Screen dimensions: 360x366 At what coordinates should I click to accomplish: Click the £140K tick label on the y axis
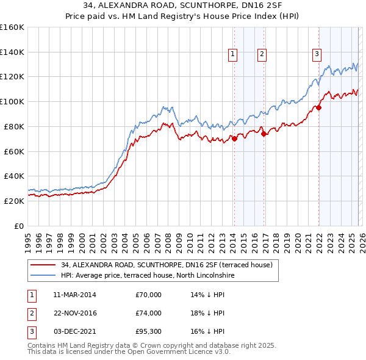coord(12,52)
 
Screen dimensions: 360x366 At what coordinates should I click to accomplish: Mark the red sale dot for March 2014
coord(234,139)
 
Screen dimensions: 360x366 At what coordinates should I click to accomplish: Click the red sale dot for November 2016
coord(264,134)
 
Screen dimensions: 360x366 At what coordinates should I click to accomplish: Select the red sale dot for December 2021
coord(318,107)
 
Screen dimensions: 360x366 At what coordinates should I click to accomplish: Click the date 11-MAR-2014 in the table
coord(75,295)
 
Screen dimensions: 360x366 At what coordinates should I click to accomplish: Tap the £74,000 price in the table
coord(149,313)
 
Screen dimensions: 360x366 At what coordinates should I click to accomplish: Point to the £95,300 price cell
coord(149,331)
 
